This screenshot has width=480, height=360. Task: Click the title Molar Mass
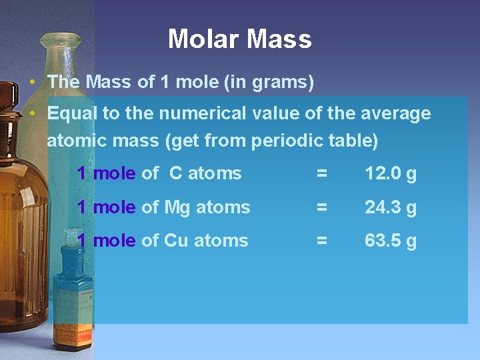coord(239,39)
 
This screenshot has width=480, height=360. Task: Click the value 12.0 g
coord(390,174)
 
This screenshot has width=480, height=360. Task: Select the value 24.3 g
coord(390,207)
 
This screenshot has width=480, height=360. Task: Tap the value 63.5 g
coord(390,241)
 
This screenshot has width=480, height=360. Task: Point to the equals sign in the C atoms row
coord(321,174)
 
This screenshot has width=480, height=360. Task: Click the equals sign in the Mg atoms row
coord(321,207)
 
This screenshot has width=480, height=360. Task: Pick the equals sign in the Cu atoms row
coord(321,241)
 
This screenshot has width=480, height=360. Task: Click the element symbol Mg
coord(177,208)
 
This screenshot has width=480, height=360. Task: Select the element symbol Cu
coord(175,241)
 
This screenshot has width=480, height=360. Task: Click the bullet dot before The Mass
coord(33,83)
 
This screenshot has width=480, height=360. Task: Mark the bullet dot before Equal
coord(33,113)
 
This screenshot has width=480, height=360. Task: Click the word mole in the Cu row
coord(114,241)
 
